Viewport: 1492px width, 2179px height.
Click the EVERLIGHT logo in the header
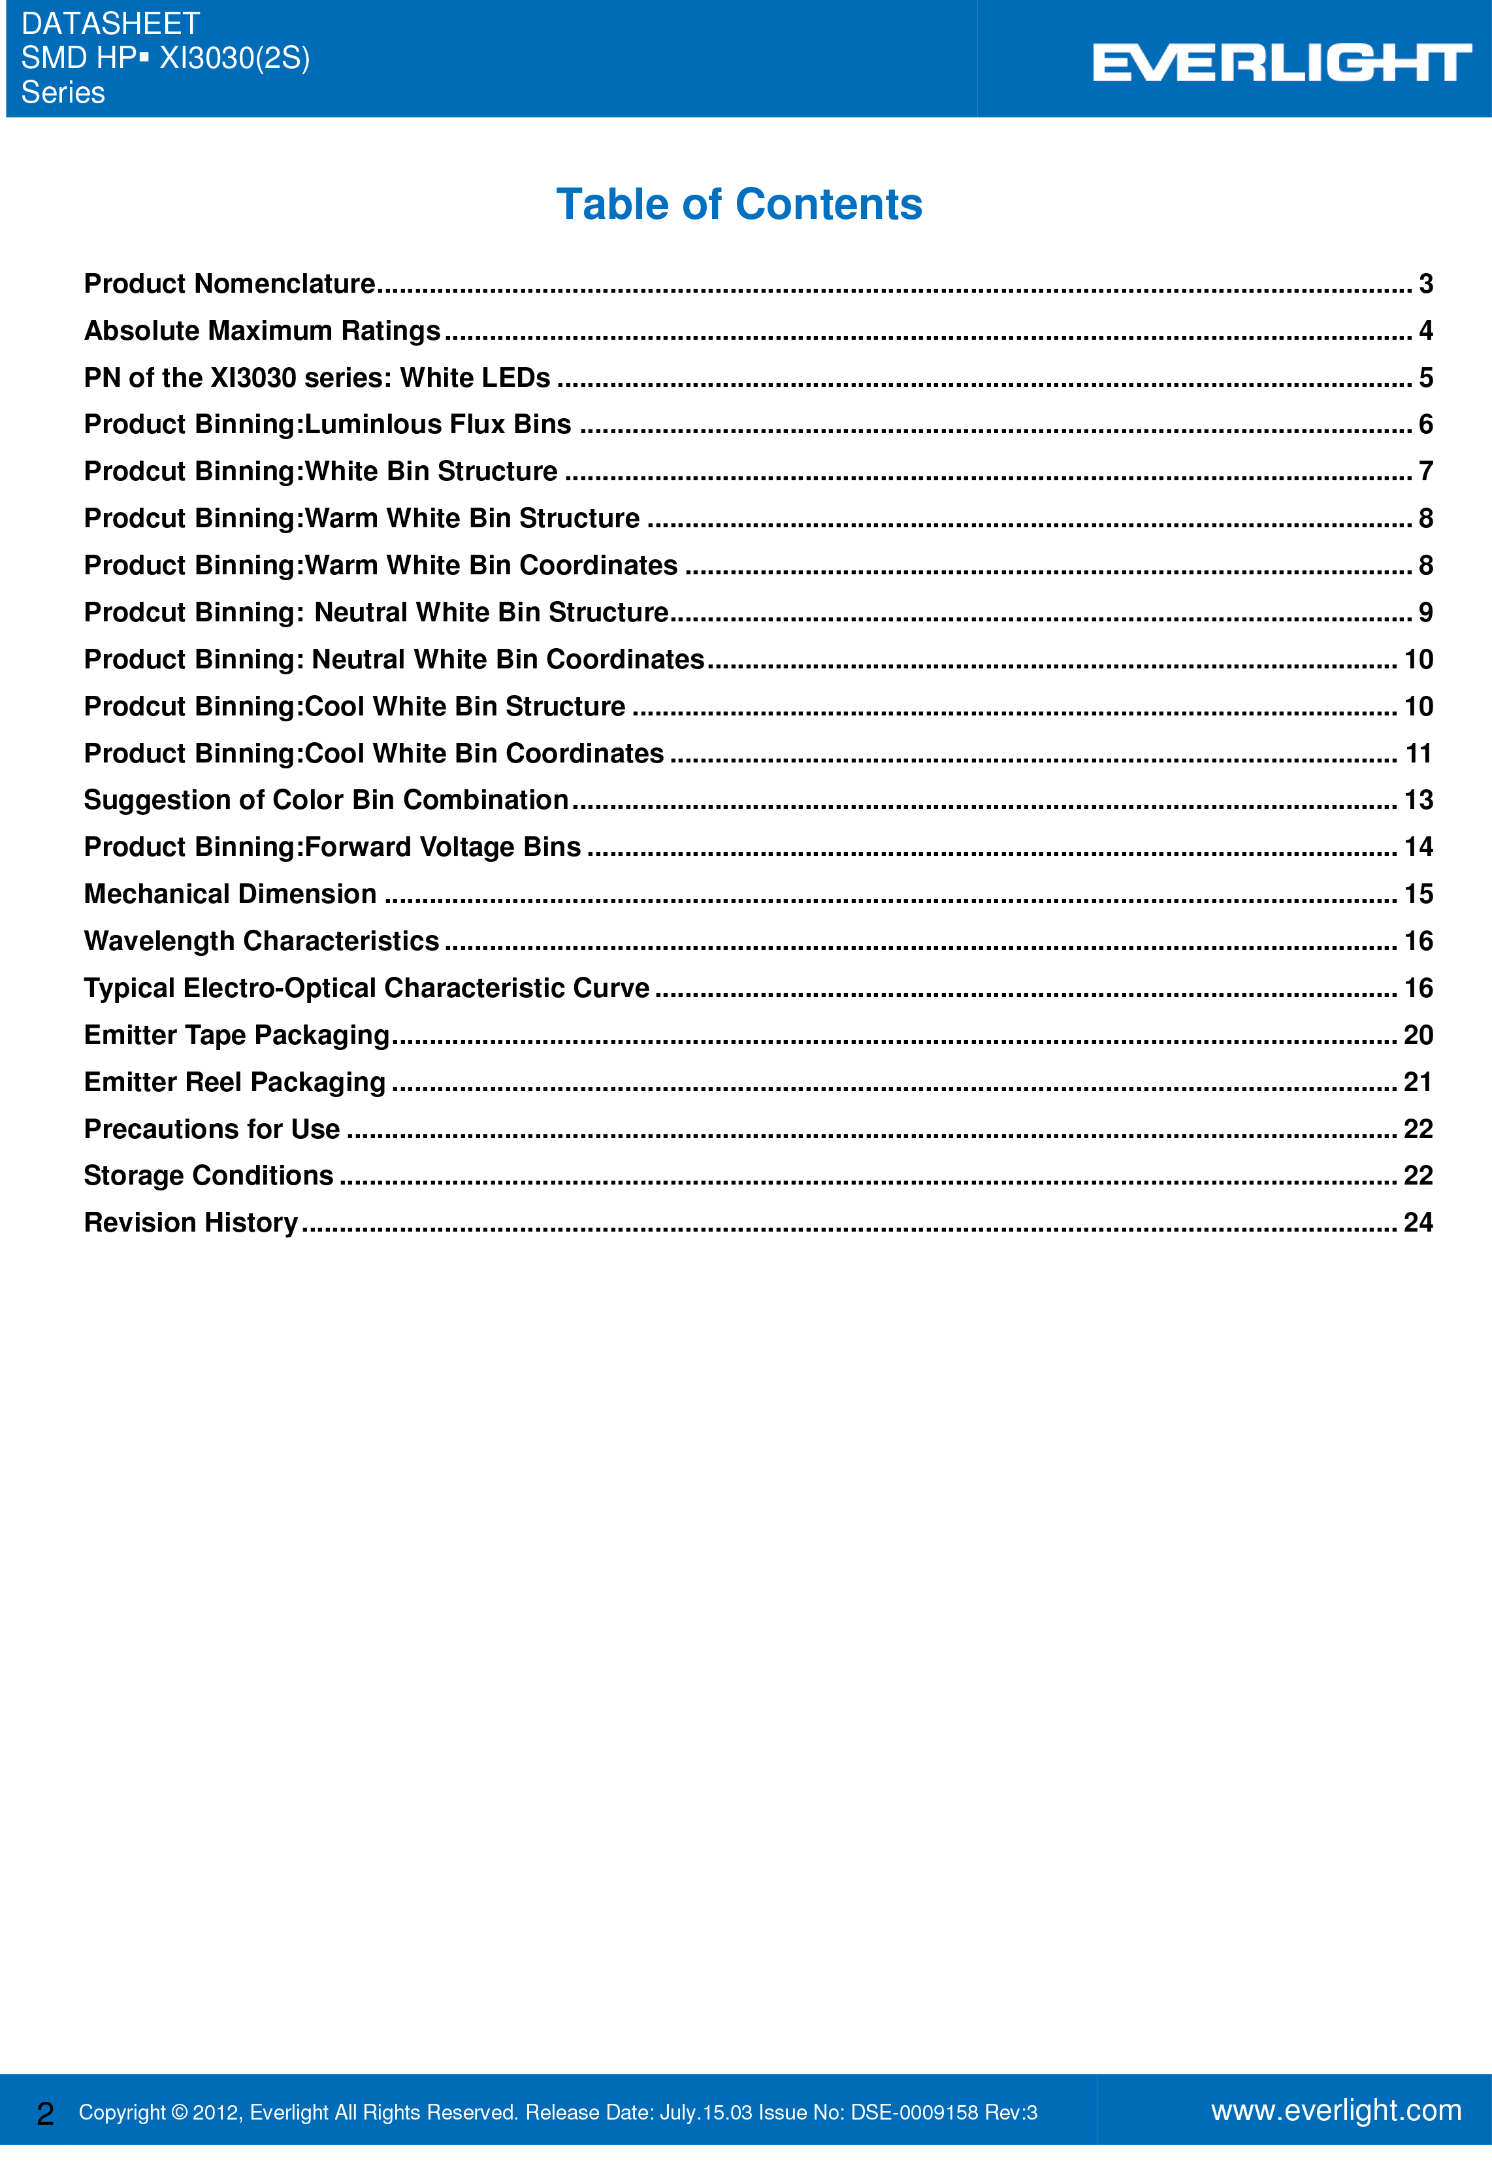pos(1281,63)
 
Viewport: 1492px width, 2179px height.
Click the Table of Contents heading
pos(739,205)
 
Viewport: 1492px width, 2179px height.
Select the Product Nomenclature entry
pos(229,283)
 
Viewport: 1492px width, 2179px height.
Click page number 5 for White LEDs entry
pos(1425,377)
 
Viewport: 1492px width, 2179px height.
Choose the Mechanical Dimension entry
pos(231,894)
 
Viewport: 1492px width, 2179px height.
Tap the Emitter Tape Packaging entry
pos(236,1034)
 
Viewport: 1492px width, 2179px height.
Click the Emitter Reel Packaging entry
pos(235,1081)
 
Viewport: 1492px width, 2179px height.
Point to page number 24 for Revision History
pos(1417,1222)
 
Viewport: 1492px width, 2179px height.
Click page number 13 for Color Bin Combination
pos(1417,800)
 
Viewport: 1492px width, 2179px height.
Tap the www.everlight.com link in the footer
pos(1335,2110)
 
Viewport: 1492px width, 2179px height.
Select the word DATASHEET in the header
pos(110,24)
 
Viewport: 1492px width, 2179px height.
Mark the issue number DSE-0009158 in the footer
pos(914,2112)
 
